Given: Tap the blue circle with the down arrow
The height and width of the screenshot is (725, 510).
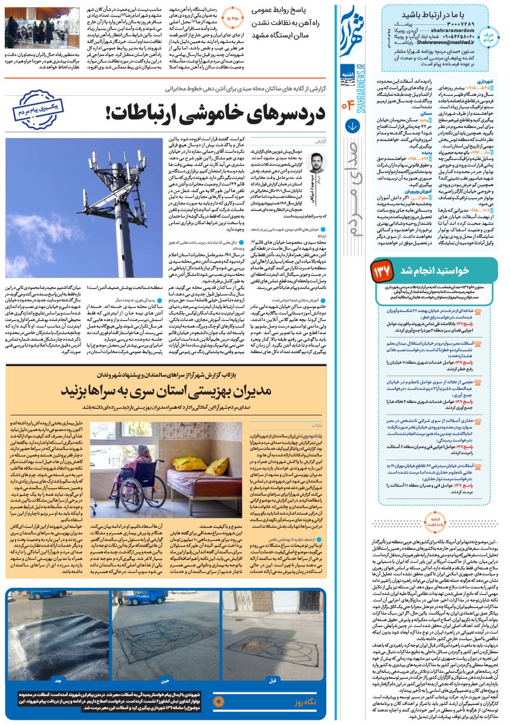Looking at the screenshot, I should click(x=352, y=126).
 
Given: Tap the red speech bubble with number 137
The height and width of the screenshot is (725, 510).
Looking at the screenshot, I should click(x=380, y=271).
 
